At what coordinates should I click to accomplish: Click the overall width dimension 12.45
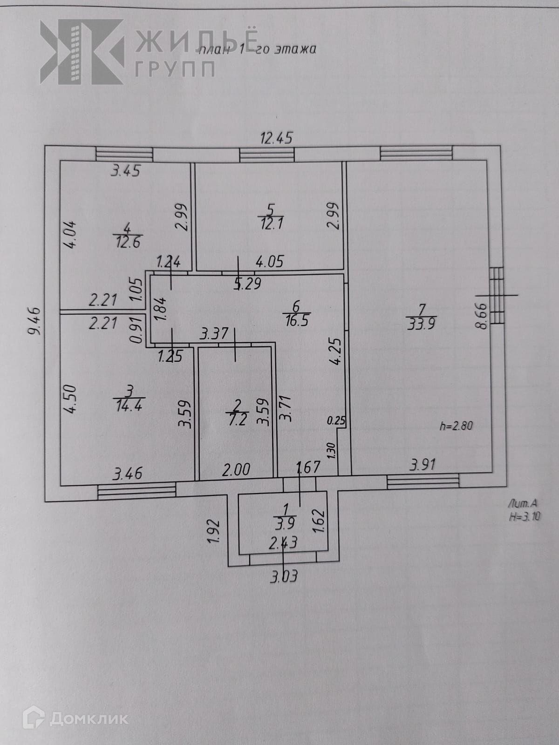[x=276, y=138]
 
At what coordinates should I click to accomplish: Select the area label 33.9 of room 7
[x=421, y=324]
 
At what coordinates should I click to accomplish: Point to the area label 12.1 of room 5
[x=272, y=223]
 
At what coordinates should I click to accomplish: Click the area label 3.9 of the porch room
[x=285, y=524]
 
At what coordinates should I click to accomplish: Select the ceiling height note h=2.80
[x=456, y=425]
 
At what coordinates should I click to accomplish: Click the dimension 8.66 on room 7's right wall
[x=481, y=316]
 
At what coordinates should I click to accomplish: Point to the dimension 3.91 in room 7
[x=423, y=464]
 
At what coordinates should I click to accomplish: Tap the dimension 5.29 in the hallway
[x=247, y=284]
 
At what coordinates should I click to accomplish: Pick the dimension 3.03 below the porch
[x=283, y=577]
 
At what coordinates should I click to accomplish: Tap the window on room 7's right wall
[x=497, y=295]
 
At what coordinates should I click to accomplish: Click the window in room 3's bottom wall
[x=136, y=490]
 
